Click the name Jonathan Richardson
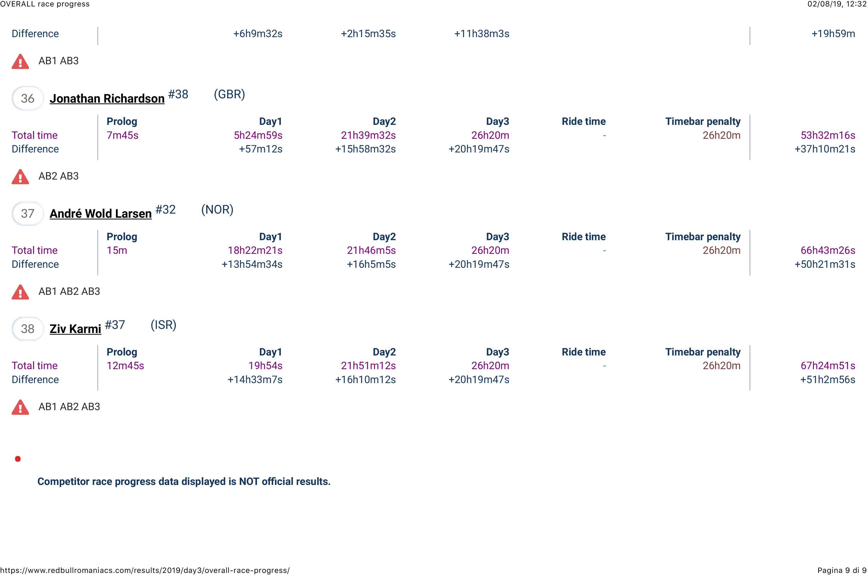tap(107, 99)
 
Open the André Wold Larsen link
tap(100, 213)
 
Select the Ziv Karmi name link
tap(75, 329)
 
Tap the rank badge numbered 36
tap(28, 99)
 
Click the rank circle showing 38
tap(28, 329)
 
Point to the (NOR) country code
tap(217, 210)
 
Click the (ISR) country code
tap(163, 325)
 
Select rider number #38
tap(178, 94)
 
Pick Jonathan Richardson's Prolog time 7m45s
tap(122, 135)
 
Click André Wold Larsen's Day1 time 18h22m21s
tap(255, 250)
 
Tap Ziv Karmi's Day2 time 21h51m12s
tap(368, 366)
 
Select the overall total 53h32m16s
tap(828, 135)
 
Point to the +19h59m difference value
tap(833, 34)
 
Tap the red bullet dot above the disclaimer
tap(18, 459)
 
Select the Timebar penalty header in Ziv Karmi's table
tap(703, 352)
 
